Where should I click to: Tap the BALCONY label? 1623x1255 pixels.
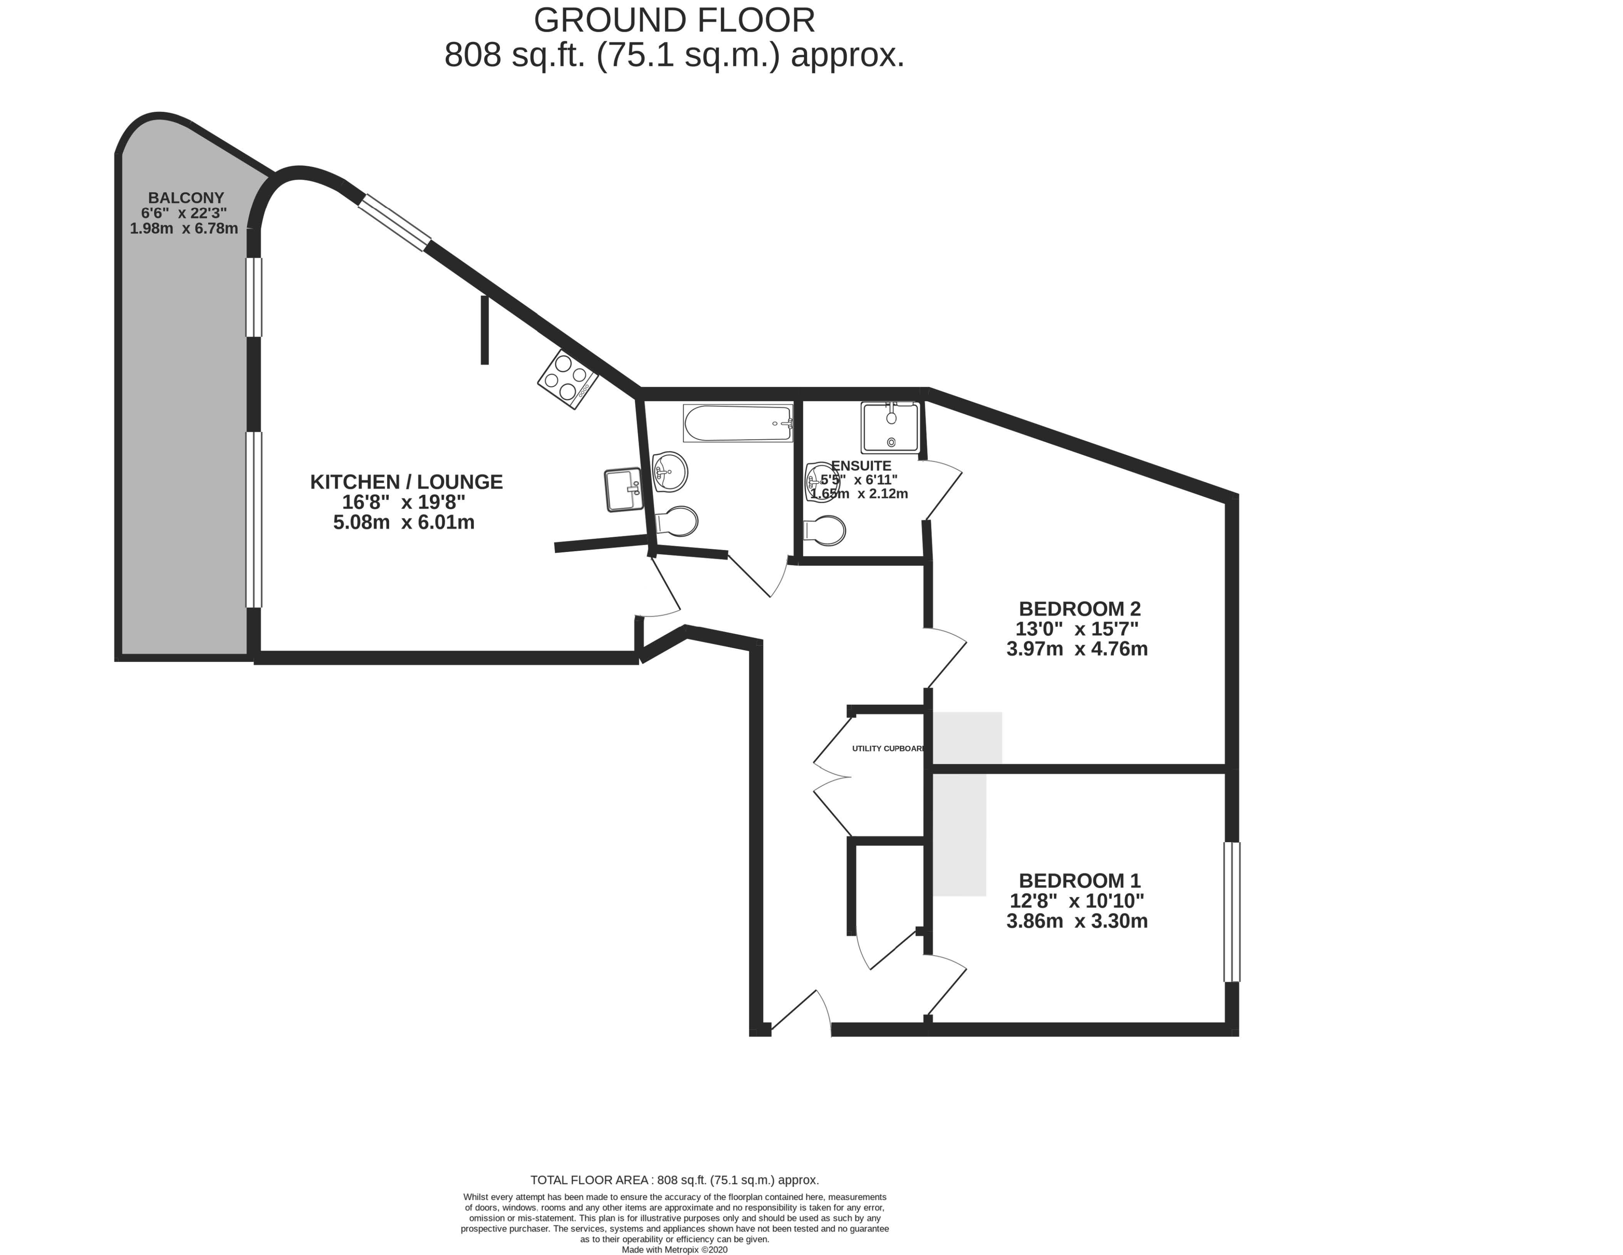coord(186,198)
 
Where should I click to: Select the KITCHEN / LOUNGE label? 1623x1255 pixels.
coord(407,482)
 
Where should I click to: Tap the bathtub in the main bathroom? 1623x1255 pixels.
coord(738,423)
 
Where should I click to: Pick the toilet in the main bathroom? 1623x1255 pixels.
coord(676,521)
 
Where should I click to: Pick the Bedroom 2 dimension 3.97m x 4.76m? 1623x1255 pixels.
coord(1077,649)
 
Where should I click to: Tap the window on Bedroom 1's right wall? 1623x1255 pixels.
coord(1232,912)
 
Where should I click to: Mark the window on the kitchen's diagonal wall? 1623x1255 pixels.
coord(394,222)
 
